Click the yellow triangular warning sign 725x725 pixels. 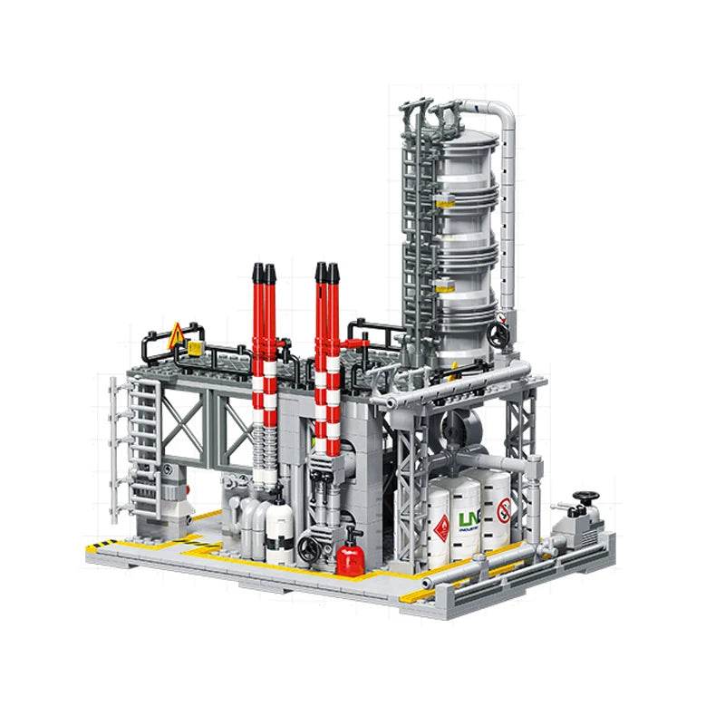point(176,336)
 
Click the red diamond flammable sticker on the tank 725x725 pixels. point(440,527)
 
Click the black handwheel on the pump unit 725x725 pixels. point(590,497)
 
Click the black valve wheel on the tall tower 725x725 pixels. point(496,333)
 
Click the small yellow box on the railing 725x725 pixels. point(193,347)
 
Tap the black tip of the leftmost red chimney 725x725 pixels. point(257,272)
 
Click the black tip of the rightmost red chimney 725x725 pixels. point(334,272)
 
